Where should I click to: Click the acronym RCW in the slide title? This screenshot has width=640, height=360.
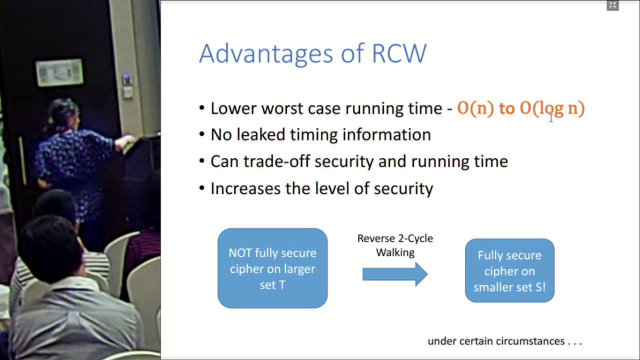tap(399, 53)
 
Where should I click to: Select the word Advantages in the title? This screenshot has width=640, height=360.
tap(265, 54)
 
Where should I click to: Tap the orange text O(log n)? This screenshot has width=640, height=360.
tap(552, 108)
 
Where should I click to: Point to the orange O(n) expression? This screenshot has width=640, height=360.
tap(475, 108)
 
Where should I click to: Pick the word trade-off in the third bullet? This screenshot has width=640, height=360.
tap(276, 161)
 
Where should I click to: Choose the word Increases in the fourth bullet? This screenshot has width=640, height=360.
tap(245, 188)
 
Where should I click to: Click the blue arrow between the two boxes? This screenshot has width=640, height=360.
tap(395, 274)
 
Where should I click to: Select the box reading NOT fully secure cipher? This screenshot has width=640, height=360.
tap(272, 268)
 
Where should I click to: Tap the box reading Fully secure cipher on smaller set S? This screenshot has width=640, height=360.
tap(509, 270)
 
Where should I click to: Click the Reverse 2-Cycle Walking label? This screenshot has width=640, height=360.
tap(395, 245)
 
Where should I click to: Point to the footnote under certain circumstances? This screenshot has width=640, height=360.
tap(504, 341)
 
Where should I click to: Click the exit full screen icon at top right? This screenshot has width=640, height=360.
tap(612, 5)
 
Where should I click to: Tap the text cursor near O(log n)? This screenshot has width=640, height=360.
tap(551, 118)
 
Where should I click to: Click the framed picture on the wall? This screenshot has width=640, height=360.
tap(59, 72)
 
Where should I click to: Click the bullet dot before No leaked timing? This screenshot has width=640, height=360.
tap(201, 134)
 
